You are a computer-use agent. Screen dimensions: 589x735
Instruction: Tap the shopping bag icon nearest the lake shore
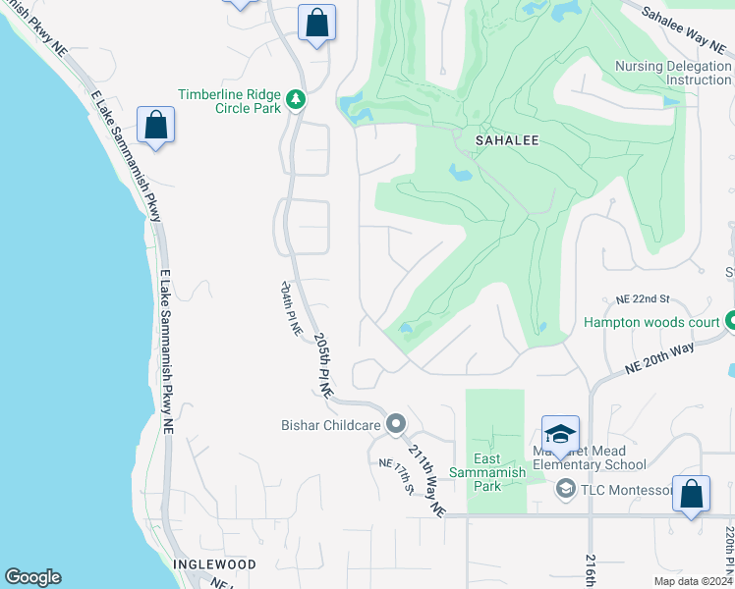click(x=156, y=126)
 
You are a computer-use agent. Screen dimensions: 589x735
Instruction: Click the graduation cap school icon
click(x=560, y=434)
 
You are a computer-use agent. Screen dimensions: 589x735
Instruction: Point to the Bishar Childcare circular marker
click(x=396, y=424)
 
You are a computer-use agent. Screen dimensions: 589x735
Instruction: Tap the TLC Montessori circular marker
click(x=565, y=489)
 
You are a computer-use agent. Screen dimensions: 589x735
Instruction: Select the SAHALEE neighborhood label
click(x=507, y=140)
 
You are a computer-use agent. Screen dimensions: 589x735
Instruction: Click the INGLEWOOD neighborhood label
click(x=214, y=564)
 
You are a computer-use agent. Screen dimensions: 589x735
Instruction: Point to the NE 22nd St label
click(x=643, y=298)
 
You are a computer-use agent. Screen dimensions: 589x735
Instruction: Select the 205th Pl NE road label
click(x=323, y=363)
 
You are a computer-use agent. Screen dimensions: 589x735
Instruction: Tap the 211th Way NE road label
click(x=427, y=483)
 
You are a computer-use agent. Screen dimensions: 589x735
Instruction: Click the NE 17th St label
click(x=392, y=476)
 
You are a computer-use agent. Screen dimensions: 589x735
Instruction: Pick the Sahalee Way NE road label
click(x=687, y=27)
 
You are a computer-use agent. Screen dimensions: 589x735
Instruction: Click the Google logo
click(x=32, y=577)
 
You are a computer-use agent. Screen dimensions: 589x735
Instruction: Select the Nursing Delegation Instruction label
click(x=674, y=73)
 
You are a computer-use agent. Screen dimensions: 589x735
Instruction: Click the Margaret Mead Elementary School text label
click(x=592, y=457)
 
